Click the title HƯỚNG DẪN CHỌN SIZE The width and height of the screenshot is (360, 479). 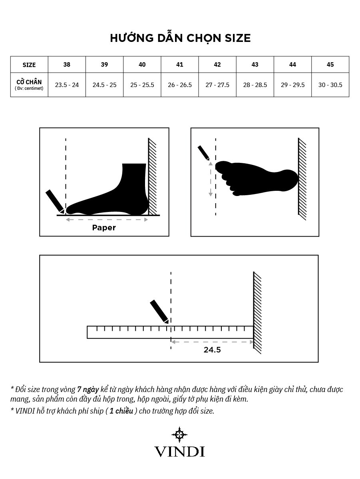180,38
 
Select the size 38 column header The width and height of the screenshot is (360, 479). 67,65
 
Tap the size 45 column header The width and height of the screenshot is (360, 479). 330,65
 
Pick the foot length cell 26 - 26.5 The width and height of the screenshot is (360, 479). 180,85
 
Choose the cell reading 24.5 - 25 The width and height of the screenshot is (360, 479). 104,85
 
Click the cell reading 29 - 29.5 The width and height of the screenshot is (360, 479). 292,85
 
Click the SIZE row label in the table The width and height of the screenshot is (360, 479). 29,65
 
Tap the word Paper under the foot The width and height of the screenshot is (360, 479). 104,228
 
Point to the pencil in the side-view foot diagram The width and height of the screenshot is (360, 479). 55,201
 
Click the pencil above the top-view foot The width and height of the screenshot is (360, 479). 203,152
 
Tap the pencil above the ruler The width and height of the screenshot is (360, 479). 159,311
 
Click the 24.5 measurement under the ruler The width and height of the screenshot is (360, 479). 212,350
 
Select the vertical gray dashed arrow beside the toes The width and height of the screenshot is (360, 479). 210,179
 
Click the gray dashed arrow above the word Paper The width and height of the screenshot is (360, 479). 107,220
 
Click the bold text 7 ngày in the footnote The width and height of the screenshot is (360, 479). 88,390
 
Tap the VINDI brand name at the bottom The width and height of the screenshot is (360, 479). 180,451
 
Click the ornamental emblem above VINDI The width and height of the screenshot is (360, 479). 180,435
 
